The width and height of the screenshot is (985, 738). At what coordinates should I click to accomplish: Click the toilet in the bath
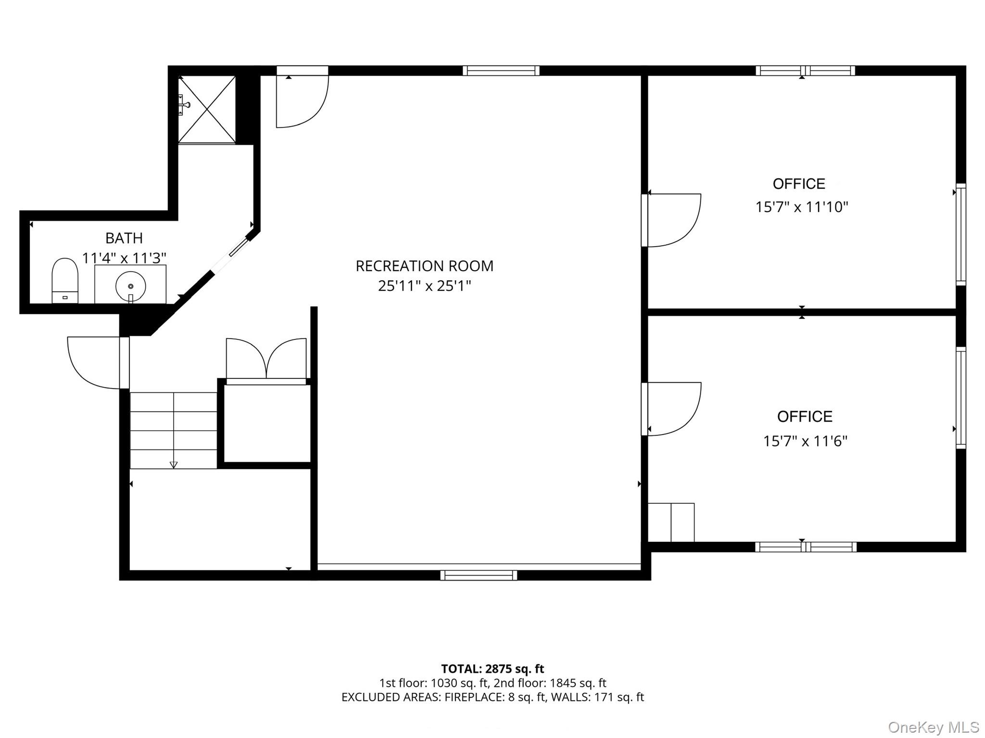(65, 280)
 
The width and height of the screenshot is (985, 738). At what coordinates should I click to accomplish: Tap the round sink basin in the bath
(130, 286)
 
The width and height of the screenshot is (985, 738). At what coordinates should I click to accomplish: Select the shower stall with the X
(207, 110)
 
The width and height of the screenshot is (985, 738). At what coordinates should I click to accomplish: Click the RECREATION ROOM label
(424, 266)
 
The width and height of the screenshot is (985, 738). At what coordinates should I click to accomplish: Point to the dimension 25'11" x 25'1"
(424, 286)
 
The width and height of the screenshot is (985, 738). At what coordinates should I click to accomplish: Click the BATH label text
(124, 238)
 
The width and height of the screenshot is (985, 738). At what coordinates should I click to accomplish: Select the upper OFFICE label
(799, 184)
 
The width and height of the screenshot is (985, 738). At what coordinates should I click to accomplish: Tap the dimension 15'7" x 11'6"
(805, 441)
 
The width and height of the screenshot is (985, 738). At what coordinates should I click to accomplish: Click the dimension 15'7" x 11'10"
(802, 207)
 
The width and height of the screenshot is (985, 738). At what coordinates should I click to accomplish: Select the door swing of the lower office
(673, 408)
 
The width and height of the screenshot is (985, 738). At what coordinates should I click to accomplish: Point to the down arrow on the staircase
(174, 464)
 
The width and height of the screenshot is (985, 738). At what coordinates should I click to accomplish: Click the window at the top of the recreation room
(501, 71)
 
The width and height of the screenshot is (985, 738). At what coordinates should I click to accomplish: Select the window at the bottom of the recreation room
(479, 575)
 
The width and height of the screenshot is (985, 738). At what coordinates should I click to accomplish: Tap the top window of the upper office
(805, 71)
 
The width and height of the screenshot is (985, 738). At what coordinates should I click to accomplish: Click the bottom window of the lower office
(806, 547)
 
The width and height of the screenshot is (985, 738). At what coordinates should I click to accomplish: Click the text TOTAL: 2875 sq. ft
(492, 669)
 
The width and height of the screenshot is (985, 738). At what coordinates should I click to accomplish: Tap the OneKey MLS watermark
(933, 727)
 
